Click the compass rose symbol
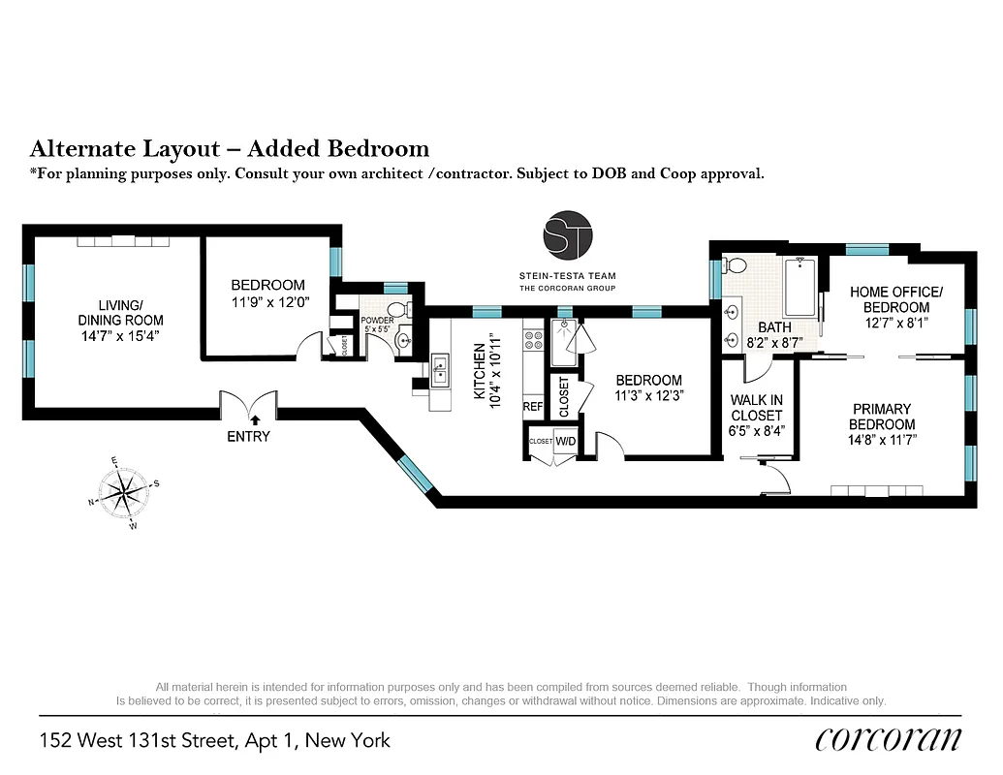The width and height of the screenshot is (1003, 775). click(122, 493)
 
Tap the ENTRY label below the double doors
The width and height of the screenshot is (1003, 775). click(248, 437)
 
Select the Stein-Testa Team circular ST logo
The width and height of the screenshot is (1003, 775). click(567, 235)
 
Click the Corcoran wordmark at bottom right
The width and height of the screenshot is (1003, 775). click(889, 740)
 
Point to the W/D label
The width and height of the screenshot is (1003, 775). click(565, 441)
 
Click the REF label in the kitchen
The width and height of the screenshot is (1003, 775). click(533, 407)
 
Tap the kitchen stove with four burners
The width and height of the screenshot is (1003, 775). click(533, 340)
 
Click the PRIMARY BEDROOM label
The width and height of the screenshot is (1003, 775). click(882, 417)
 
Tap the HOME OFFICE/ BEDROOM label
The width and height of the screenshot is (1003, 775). click(895, 299)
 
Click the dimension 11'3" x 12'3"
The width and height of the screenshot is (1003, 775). click(648, 395)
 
